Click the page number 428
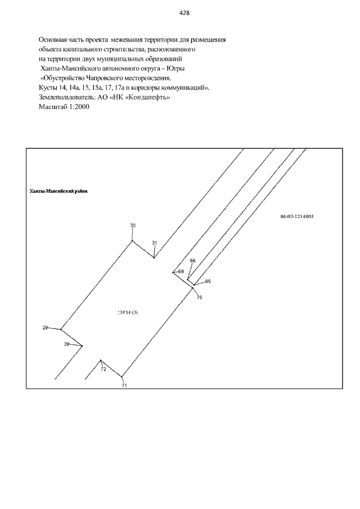coord(184,13)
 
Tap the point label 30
coord(133,226)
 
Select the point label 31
coord(155,243)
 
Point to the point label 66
coord(193,260)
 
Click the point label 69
coord(181,272)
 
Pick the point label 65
coord(208,281)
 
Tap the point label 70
coord(199,298)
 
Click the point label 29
coord(45,327)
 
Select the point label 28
coord(66,344)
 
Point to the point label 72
coord(103,370)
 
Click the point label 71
coord(124,386)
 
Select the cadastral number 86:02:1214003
coord(297,217)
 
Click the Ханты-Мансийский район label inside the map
coord(58,191)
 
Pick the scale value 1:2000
coord(78,107)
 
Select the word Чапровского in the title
coord(103,78)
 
